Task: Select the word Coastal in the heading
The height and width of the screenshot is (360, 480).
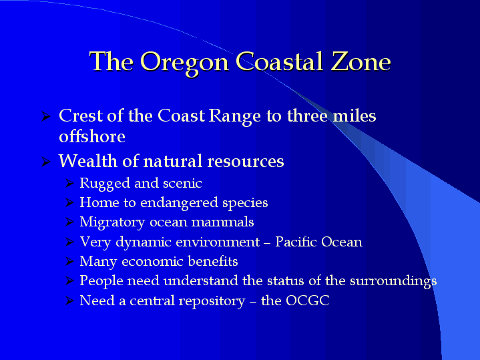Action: (x=280, y=61)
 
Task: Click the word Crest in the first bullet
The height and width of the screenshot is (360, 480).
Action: (x=81, y=116)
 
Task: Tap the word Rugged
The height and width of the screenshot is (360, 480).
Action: (x=105, y=184)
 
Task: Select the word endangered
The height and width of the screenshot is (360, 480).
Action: (x=179, y=203)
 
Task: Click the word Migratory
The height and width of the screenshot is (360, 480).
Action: (x=112, y=222)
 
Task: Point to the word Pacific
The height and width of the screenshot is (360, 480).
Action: (x=296, y=241)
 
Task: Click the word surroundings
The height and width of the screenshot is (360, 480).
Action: (x=393, y=281)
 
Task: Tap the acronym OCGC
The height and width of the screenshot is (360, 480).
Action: (x=307, y=301)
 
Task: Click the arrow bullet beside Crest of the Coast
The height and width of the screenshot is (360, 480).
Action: (x=45, y=116)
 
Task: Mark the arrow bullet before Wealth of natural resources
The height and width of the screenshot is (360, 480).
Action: (x=45, y=162)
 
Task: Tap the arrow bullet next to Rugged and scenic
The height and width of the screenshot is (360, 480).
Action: (x=69, y=183)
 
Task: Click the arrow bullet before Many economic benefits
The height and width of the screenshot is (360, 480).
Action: (x=69, y=261)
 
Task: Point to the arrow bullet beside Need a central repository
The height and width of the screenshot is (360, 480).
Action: (x=69, y=301)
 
